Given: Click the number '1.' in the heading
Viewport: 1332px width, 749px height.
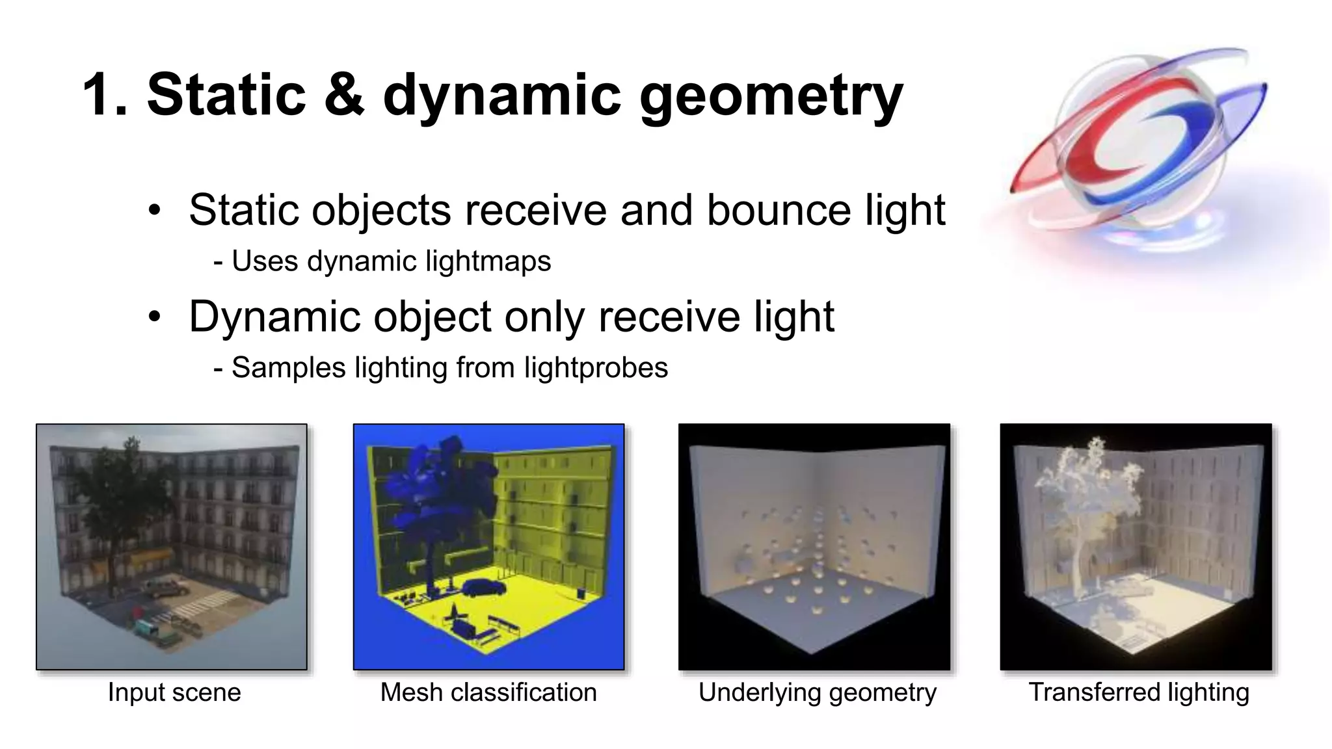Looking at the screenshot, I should coord(107,95).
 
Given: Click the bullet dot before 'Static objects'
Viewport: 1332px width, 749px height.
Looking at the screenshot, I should coord(154,211).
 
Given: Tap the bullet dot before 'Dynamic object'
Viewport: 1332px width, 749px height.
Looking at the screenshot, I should coord(154,317).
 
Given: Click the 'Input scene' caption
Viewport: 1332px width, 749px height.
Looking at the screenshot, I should coord(174,692).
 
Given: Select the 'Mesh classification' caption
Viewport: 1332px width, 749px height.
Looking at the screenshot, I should coord(488,692).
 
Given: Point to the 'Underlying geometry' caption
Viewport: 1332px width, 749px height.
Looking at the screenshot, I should coord(817,692).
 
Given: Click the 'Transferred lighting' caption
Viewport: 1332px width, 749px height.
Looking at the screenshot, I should coord(1138,692).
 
